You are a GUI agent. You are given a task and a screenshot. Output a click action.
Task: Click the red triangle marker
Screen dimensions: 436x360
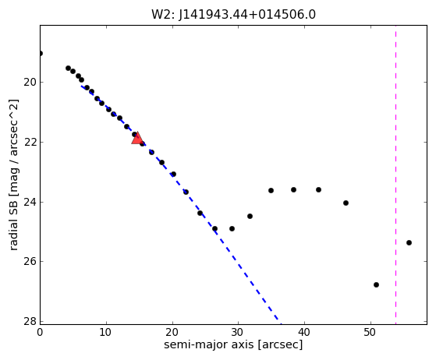(x=137, y=138)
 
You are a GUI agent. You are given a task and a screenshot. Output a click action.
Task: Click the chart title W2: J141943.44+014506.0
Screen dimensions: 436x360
(x=233, y=15)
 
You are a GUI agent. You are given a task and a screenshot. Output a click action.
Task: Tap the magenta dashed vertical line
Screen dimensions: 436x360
(x=395, y=175)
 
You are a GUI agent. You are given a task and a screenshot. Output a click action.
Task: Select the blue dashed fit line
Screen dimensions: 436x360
(x=181, y=205)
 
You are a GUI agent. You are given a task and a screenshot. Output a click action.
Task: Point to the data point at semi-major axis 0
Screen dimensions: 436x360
(x=41, y=53)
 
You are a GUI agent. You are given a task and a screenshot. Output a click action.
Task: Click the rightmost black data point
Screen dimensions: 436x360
(x=409, y=243)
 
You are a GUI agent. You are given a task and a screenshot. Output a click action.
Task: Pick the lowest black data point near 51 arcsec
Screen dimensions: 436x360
(x=376, y=284)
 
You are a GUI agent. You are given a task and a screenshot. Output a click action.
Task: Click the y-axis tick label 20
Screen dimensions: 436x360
(x=30, y=83)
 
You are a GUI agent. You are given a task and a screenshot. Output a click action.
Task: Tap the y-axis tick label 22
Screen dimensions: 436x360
(x=30, y=143)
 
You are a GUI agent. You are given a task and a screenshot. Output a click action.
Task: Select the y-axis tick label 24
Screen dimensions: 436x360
(x=30, y=202)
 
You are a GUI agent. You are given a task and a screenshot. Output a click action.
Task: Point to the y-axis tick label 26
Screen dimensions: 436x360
(x=30, y=261)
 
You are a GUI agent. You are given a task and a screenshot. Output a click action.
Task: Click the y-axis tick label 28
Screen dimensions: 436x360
(x=30, y=321)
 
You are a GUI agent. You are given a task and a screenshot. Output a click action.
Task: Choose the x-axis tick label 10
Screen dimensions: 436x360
(x=105, y=332)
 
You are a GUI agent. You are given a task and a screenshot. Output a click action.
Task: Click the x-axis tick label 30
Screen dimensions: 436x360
(x=238, y=332)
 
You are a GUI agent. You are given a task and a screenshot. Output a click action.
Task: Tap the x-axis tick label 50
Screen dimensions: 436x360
(x=370, y=332)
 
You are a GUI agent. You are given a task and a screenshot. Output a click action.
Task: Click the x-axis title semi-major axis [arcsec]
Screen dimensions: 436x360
(x=233, y=344)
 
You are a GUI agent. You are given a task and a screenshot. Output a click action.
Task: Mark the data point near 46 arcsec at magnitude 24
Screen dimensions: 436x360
(x=346, y=203)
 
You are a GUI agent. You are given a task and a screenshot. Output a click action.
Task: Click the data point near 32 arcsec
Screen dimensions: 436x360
(x=250, y=216)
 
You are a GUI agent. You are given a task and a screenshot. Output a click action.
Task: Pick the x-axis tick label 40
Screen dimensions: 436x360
(x=304, y=332)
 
